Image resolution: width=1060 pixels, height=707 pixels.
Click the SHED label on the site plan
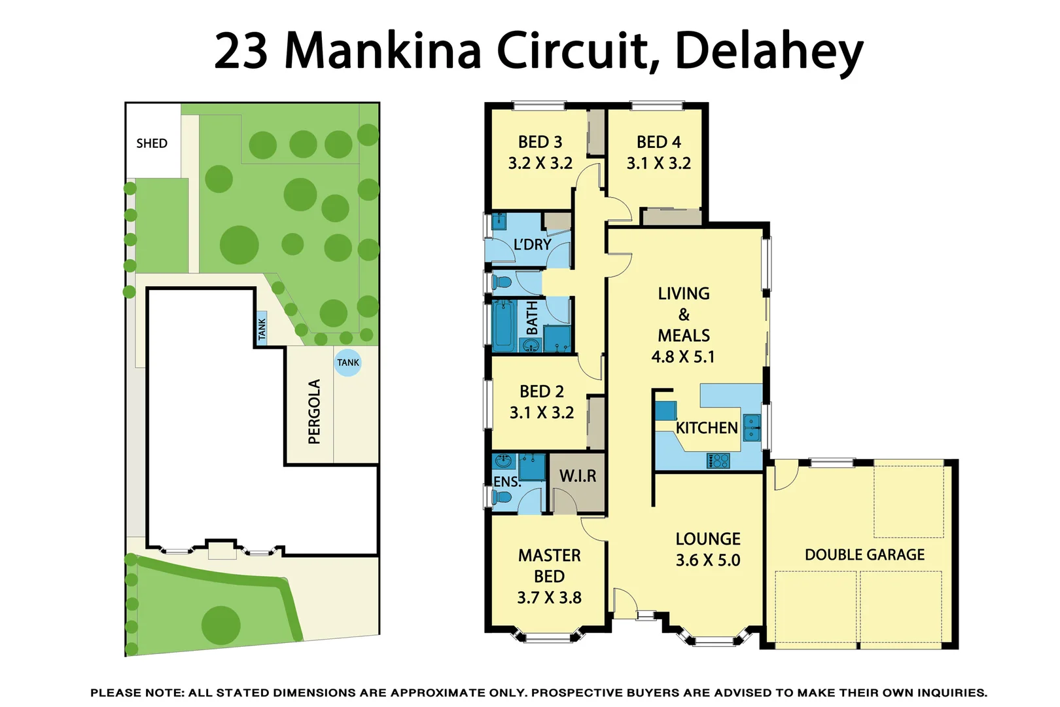tap(151, 143)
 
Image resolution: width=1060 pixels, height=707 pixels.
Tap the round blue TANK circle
tap(347, 363)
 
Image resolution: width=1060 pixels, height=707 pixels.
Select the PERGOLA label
tap(315, 412)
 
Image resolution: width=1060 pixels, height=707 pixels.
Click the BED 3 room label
tap(540, 142)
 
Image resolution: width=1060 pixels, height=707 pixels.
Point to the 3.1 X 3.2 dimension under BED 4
tap(658, 164)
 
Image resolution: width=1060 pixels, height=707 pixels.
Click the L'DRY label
tap(532, 245)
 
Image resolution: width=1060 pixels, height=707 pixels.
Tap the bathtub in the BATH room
tap(504, 325)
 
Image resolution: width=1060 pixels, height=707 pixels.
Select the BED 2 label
tap(541, 391)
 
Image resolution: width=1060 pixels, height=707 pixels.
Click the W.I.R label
tap(578, 476)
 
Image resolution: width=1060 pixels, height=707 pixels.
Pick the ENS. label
tap(506, 482)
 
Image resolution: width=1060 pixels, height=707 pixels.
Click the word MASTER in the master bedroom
tap(549, 556)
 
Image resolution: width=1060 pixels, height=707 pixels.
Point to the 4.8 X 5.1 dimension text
tap(683, 357)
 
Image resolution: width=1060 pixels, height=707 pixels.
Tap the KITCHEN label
tap(707, 428)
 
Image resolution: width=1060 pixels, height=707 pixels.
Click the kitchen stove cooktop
tap(718, 461)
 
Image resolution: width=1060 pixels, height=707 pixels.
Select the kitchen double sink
tap(752, 427)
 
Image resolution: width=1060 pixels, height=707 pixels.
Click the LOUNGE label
tap(708, 539)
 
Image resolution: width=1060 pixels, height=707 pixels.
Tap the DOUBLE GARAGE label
tap(864, 555)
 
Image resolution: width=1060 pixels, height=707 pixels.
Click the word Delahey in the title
tap(769, 51)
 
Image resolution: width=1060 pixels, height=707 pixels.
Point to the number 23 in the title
tap(241, 51)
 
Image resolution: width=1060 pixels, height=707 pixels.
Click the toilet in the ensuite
tap(502, 498)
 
